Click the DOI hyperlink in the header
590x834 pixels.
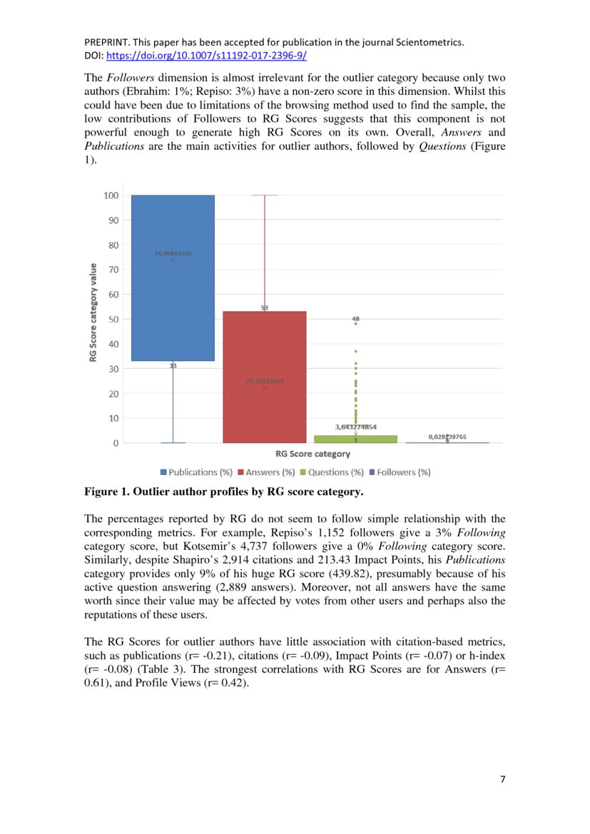coord(207,55)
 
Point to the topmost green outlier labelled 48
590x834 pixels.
coord(355,324)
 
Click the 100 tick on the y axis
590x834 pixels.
coord(110,195)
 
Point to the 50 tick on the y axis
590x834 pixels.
coord(112,320)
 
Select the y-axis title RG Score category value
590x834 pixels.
coord(93,312)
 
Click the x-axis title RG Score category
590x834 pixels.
coord(312,454)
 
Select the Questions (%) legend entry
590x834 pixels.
coord(334,472)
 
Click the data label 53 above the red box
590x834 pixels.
coord(264,307)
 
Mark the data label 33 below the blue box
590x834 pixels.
coord(173,365)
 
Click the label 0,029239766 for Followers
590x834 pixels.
coord(447,436)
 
